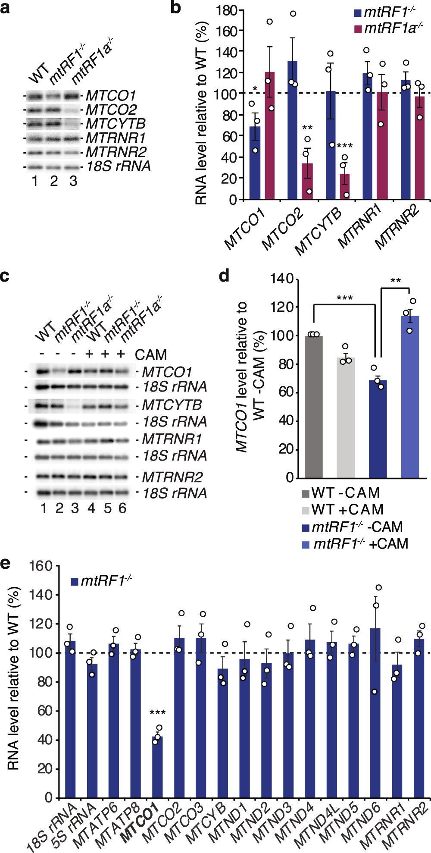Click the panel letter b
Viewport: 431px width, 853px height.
175,8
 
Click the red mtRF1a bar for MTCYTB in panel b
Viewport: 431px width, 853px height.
345,186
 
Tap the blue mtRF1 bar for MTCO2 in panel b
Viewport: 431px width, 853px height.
292,129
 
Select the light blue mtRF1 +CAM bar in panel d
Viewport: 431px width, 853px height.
410,396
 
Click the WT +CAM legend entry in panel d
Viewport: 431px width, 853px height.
343,510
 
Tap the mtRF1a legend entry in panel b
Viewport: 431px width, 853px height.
388,28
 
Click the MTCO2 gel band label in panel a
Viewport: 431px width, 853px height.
111,110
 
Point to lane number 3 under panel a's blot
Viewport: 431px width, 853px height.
73,181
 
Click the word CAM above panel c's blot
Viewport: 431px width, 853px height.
150,355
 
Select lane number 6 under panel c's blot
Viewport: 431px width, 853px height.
122,508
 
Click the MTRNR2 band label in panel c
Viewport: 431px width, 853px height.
172,477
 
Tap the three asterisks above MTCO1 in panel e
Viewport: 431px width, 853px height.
157,713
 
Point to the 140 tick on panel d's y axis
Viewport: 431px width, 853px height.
282,279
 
